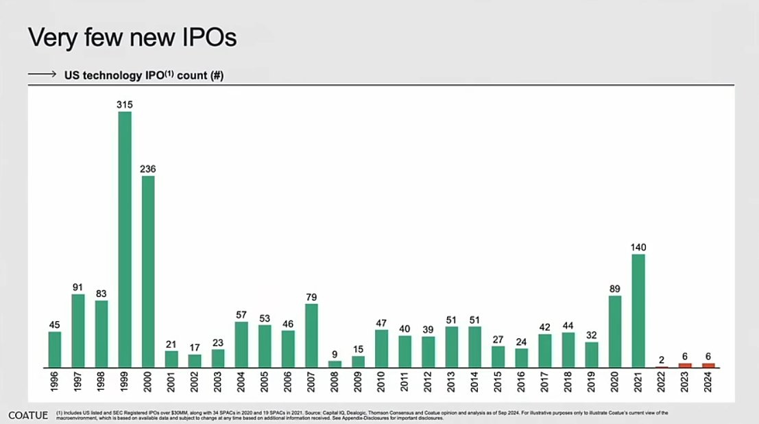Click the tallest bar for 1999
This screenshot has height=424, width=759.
point(125,239)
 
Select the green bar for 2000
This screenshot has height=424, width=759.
point(148,272)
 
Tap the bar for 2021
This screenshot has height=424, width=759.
point(638,311)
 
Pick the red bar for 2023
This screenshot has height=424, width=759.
point(684,365)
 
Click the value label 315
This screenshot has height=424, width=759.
point(125,104)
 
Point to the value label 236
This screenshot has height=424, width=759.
point(148,169)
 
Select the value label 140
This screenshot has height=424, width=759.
point(638,247)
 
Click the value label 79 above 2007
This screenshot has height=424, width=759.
point(311,297)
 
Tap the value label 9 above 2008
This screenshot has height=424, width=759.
point(335,355)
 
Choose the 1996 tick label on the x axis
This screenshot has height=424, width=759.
point(55,382)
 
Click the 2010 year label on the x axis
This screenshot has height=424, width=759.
point(381,382)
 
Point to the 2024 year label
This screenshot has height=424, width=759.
point(708,382)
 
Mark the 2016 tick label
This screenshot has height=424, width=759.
point(521,382)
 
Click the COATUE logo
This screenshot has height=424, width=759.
point(28,415)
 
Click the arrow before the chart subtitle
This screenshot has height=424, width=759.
point(42,76)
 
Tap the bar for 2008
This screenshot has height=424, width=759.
point(335,364)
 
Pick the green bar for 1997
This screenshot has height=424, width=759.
point(78,331)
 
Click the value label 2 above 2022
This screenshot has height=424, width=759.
point(661,359)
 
